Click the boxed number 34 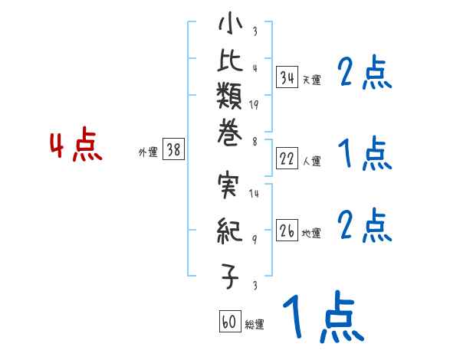click(287, 77)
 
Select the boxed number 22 click(287, 159)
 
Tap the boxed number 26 click(287, 231)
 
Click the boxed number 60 click(229, 322)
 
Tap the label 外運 click(148, 153)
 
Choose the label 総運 click(255, 325)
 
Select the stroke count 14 click(254, 194)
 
